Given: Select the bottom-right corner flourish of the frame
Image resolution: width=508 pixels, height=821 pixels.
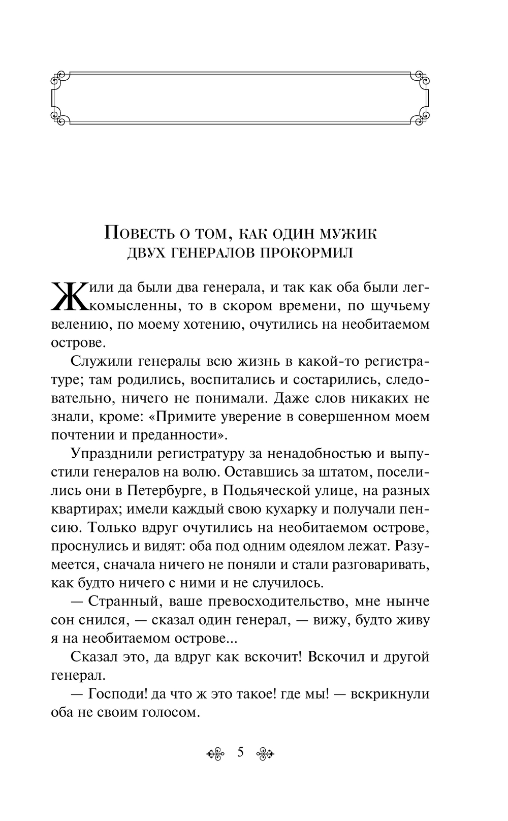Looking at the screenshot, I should click(x=422, y=117).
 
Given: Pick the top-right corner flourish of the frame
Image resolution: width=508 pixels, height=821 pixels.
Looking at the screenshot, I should click(x=422, y=79).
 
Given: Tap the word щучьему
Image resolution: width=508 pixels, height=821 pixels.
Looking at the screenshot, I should click(x=396, y=307).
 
